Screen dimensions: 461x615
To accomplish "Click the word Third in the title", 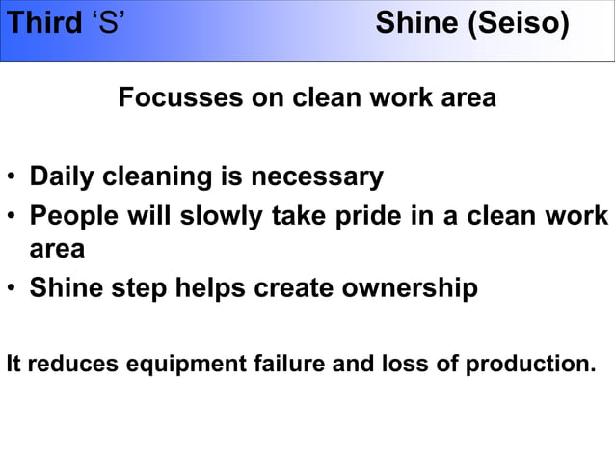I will coord(43,23).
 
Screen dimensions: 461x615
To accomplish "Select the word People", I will coord(71,215).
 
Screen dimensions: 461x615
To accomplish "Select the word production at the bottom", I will coord(530,366).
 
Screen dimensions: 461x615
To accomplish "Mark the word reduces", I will coord(66,366).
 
